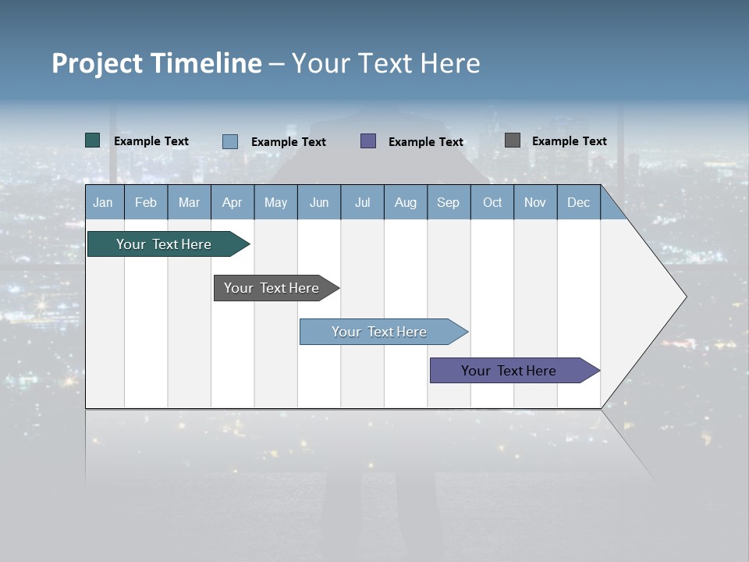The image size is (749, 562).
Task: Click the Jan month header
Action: pyautogui.click(x=103, y=203)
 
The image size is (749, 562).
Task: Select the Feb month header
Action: pyautogui.click(x=146, y=203)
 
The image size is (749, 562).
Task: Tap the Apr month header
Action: pyautogui.click(x=232, y=203)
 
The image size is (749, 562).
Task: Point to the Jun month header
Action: pyautogui.click(x=319, y=203)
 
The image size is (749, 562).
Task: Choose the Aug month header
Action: pyautogui.click(x=405, y=203)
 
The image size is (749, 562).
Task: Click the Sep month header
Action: pyautogui.click(x=448, y=203)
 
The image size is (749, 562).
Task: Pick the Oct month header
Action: pyautogui.click(x=492, y=203)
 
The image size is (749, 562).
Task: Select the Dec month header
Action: pyautogui.click(x=578, y=203)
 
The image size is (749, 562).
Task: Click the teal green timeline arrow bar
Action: pyautogui.click(x=165, y=244)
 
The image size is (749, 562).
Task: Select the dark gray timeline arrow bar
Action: pyautogui.click(x=272, y=288)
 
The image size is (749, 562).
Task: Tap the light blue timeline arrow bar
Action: pyautogui.click(x=379, y=332)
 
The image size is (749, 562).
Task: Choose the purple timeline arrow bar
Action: pyautogui.click(x=509, y=371)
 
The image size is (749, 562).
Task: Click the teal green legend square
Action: pyautogui.click(x=92, y=140)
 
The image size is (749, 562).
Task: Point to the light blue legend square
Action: pyautogui.click(x=229, y=141)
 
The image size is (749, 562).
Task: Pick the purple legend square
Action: pyautogui.click(x=368, y=141)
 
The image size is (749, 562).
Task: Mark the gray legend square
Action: pyautogui.click(x=512, y=140)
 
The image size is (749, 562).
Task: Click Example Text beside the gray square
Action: pyautogui.click(x=569, y=141)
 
